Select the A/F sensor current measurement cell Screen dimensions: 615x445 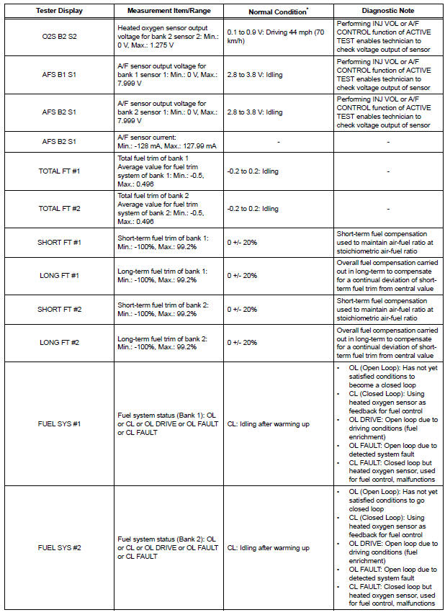(x=167, y=142)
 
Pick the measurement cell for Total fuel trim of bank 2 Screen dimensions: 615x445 (x=167, y=209)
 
